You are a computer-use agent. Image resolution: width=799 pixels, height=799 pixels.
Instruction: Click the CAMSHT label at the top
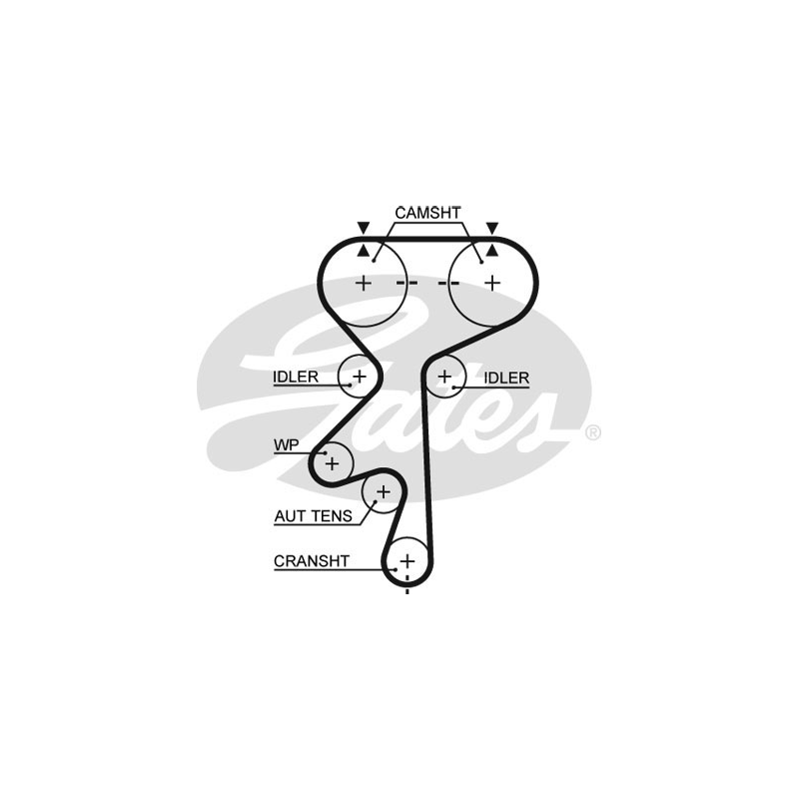[x=427, y=213]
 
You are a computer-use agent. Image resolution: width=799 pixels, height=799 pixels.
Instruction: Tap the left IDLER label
[x=295, y=377]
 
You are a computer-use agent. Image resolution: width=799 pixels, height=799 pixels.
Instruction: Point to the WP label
[x=287, y=444]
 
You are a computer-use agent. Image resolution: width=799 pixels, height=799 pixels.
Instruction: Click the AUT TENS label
[x=313, y=516]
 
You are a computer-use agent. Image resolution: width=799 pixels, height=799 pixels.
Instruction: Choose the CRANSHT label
[x=312, y=561]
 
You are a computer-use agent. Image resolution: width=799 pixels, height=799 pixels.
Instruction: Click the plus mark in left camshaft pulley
[x=363, y=283]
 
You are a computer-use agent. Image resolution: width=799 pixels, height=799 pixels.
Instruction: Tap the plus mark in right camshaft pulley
[x=491, y=283]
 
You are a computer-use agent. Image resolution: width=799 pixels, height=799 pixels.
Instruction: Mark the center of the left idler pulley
[x=359, y=376]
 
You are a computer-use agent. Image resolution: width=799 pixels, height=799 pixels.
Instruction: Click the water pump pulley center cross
[x=332, y=462]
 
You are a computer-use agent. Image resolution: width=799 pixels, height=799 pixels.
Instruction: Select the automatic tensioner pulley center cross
[x=382, y=490]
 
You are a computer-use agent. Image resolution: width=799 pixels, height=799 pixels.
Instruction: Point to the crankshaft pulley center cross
[x=407, y=560]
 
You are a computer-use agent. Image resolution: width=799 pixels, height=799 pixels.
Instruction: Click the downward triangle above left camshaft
[x=364, y=228]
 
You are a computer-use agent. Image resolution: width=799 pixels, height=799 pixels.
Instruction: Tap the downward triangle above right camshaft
[x=491, y=228]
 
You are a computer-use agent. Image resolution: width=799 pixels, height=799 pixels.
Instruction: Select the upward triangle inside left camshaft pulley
[x=364, y=250]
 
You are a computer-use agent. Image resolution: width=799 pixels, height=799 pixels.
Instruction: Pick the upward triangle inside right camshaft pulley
[x=491, y=250]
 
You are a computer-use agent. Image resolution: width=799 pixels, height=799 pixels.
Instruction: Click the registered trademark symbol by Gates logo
[x=591, y=432]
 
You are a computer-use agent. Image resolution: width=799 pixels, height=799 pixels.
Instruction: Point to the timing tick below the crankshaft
[x=407, y=591]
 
